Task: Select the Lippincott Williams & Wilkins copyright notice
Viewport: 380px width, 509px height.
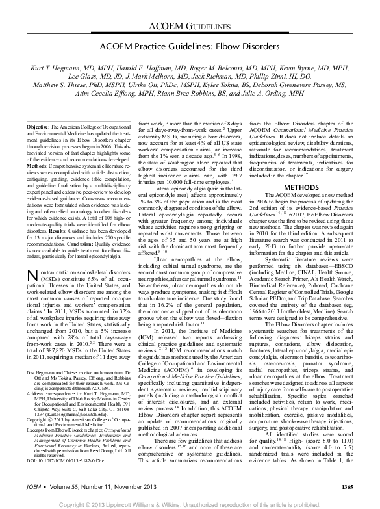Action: point(190,503)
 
